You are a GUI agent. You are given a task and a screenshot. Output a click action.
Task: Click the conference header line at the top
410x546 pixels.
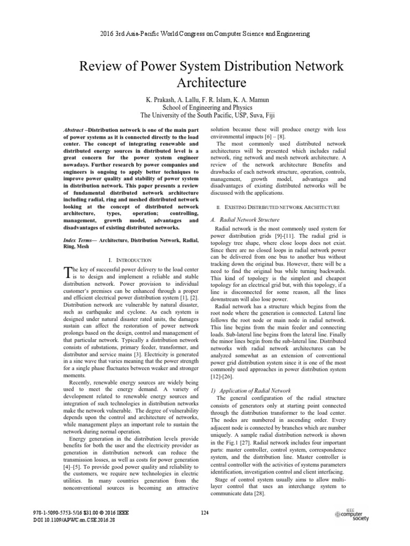205,34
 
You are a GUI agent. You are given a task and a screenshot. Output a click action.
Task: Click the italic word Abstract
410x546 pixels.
73,130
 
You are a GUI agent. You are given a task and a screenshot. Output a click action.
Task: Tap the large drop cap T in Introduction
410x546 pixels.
67,272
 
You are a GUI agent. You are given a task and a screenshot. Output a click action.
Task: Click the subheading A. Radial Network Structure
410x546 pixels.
246,220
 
